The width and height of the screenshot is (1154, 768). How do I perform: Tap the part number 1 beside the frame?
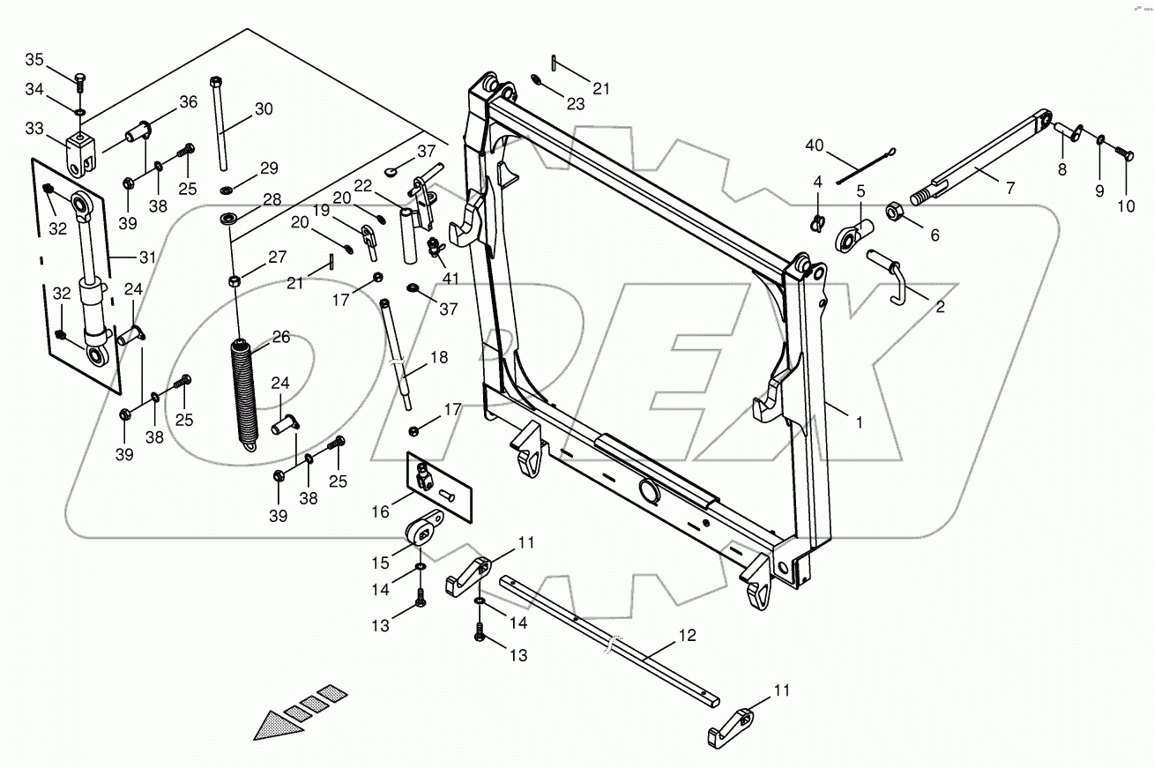(860, 422)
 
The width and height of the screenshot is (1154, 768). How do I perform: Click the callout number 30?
(264, 109)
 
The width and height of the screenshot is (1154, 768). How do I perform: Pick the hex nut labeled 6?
(891, 213)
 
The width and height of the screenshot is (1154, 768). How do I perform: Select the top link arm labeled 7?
(979, 159)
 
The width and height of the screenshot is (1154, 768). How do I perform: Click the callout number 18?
(438, 358)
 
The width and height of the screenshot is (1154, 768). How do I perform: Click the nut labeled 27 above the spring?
(235, 281)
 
